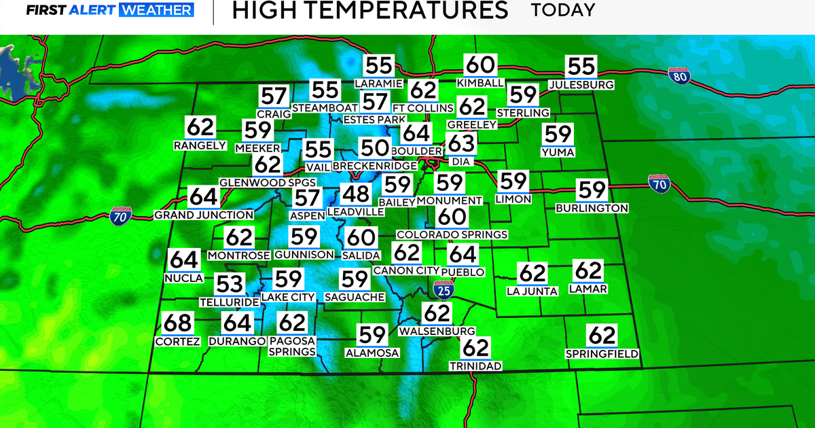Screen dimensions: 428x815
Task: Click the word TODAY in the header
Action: (x=562, y=10)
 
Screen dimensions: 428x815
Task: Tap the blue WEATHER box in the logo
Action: (x=156, y=10)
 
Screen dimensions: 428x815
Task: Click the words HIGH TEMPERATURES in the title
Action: (x=369, y=10)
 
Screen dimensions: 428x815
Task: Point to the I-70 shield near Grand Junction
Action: (x=117, y=217)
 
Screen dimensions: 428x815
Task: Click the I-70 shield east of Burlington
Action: (x=659, y=183)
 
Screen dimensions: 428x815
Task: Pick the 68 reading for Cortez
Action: (x=178, y=324)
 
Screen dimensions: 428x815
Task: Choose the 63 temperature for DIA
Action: (x=461, y=144)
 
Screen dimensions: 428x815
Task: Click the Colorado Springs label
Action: (x=452, y=234)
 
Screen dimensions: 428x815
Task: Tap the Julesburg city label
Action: (x=581, y=84)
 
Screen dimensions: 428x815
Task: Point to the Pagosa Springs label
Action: (x=292, y=346)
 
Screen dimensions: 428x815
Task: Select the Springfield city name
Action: (x=602, y=353)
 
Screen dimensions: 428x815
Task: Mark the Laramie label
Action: (x=379, y=83)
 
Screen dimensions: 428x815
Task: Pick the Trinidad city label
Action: (x=475, y=366)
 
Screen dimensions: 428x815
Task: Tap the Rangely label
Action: (x=200, y=145)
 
